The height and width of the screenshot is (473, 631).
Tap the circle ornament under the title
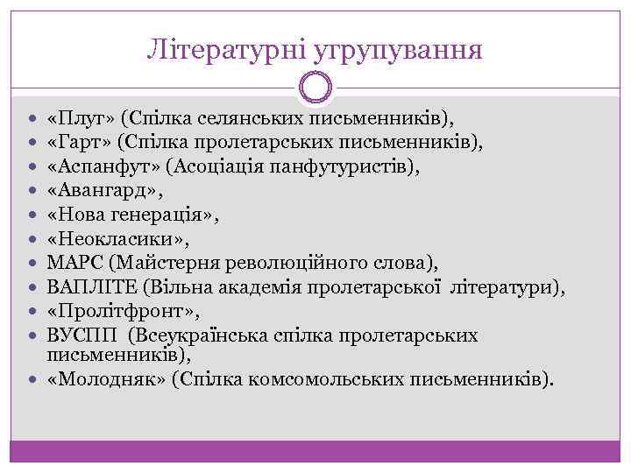[x=315, y=88]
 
